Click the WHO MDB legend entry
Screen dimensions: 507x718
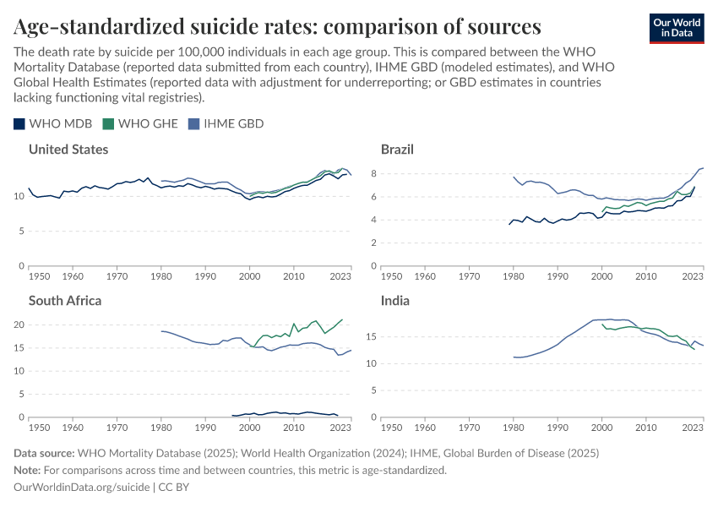coord(53,123)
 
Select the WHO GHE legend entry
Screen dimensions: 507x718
coord(140,123)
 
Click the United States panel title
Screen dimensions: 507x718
coord(68,150)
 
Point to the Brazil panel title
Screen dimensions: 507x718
coord(397,150)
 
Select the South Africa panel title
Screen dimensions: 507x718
coord(65,300)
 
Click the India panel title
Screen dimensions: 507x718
coord(394,300)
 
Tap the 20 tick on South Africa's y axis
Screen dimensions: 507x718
coord(21,324)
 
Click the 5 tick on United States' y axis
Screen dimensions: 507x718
coord(21,231)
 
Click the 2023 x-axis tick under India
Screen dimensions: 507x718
coord(692,428)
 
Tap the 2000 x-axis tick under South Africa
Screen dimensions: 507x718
coord(249,428)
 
